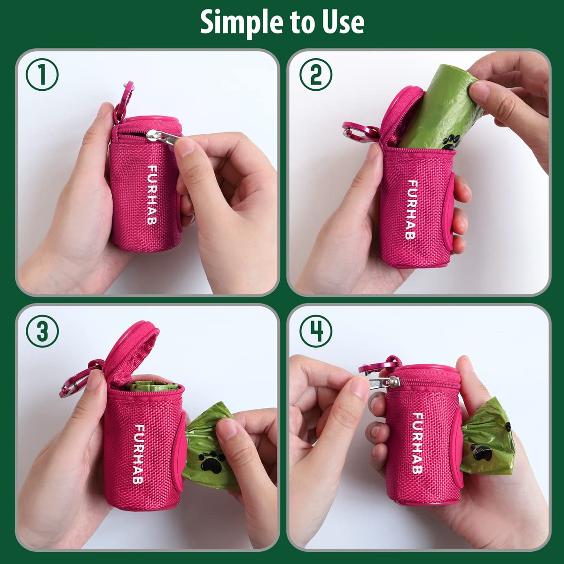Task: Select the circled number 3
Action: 42,331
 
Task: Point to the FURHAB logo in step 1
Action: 152,194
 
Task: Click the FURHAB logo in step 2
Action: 412,210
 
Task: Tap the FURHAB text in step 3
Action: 140,454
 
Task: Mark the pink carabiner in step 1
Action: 123,99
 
